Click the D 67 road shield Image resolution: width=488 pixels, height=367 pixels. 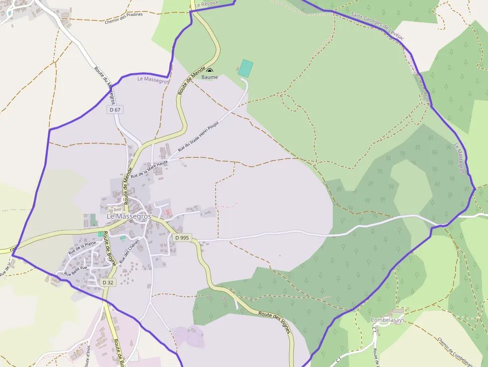point(115,110)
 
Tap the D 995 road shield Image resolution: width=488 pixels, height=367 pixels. point(182,238)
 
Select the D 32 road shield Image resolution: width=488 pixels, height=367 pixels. point(108,282)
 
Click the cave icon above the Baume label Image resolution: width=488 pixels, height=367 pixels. point(209,71)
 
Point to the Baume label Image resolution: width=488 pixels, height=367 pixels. point(210,77)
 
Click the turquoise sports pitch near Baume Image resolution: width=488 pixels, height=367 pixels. point(245,68)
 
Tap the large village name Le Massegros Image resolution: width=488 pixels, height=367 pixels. point(129,217)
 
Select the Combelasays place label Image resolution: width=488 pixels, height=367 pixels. point(387,320)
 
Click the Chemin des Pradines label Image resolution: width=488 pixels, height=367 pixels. point(123,18)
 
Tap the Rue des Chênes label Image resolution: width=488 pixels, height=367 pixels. point(130,249)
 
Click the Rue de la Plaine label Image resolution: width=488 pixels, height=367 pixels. point(82,247)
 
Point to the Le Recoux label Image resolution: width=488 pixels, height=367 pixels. point(206,4)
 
